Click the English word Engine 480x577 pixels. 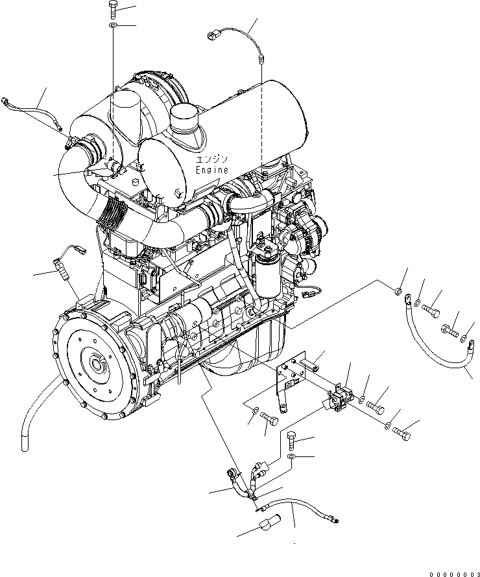pyautogui.click(x=212, y=170)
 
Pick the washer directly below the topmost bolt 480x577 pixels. pyautogui.click(x=113, y=25)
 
